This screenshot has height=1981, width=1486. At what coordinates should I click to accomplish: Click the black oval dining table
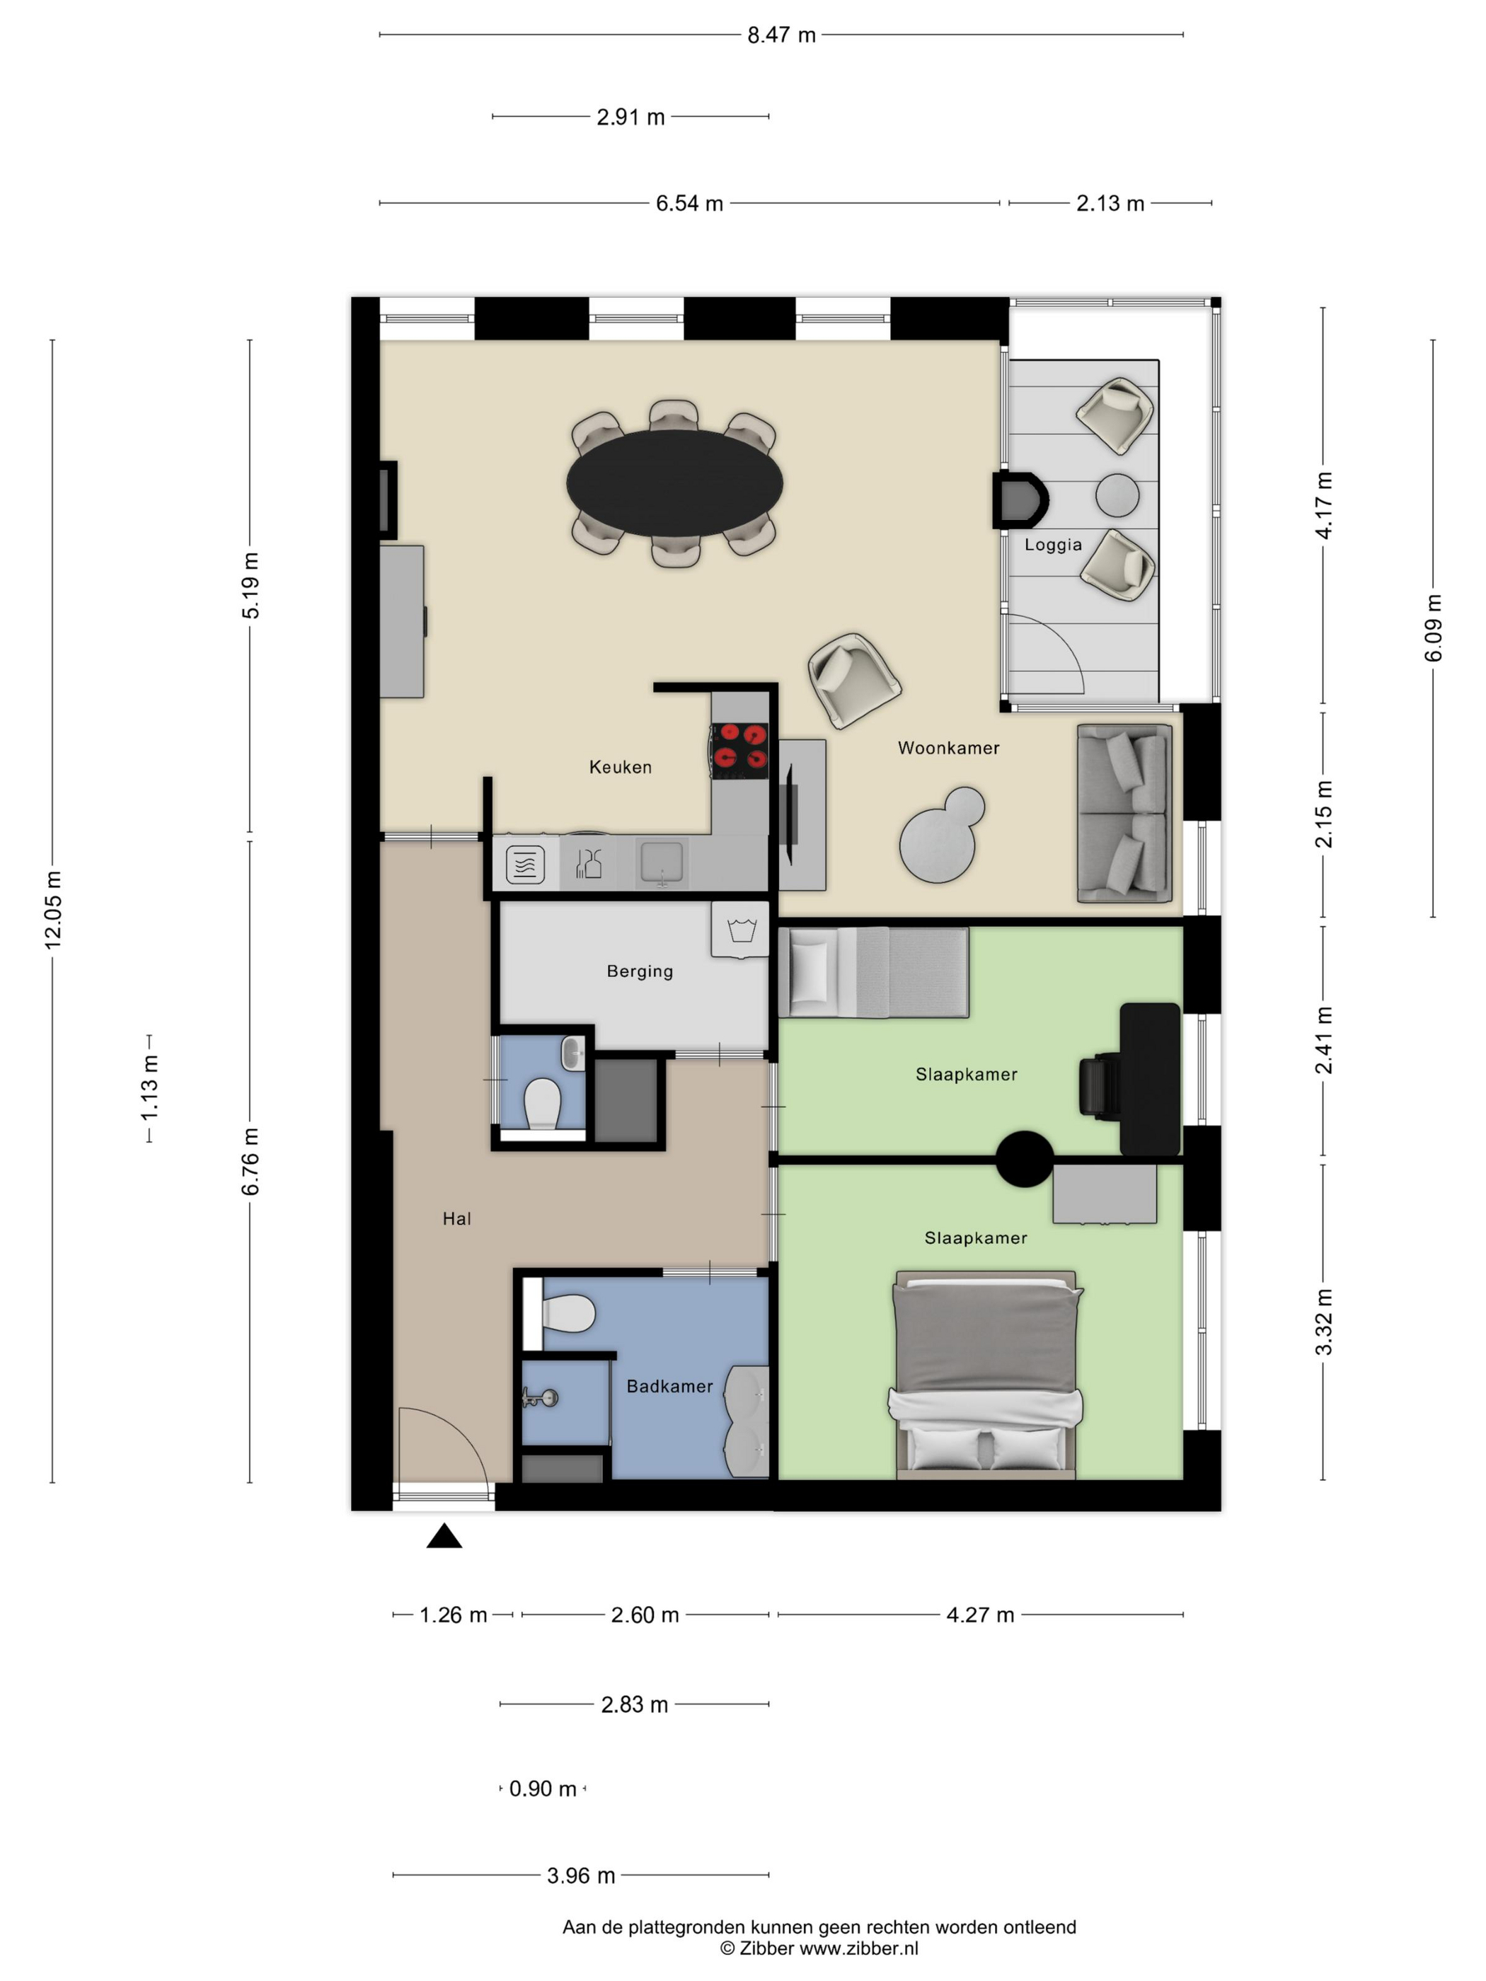click(x=674, y=483)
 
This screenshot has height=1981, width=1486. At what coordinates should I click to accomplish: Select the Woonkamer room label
click(x=949, y=748)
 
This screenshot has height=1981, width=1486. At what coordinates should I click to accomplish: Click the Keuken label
click(x=620, y=767)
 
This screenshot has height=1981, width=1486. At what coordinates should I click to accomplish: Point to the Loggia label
click(x=1054, y=545)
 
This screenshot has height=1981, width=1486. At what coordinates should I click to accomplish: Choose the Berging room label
click(x=640, y=971)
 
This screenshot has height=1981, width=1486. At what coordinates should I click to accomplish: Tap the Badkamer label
click(x=670, y=1386)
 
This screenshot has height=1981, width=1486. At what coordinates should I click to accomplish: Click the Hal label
click(x=457, y=1218)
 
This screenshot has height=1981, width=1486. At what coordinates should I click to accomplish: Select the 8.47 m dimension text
click(x=782, y=35)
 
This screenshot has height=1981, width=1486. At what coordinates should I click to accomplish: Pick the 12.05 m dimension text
click(x=53, y=910)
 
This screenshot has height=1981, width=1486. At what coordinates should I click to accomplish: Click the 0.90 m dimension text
click(x=543, y=1789)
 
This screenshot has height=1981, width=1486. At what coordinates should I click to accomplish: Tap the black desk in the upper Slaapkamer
click(x=1150, y=1079)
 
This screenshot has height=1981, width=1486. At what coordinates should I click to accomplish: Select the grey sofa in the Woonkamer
click(x=1125, y=813)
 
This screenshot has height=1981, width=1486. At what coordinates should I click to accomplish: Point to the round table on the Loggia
click(x=1118, y=495)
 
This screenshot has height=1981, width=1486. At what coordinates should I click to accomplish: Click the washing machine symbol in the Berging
click(x=741, y=930)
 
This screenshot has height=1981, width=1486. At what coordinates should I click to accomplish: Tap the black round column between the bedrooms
click(x=1025, y=1159)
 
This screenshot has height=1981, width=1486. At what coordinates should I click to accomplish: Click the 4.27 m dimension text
click(x=981, y=1615)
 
